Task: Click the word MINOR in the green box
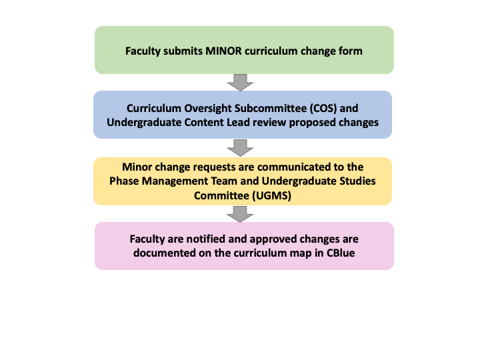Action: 223,51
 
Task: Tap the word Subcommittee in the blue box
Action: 267,109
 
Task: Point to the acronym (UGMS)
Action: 271,195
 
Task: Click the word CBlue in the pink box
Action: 341,253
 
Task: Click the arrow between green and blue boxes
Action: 240,83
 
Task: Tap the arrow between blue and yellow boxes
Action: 240,148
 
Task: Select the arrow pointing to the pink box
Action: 240,214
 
